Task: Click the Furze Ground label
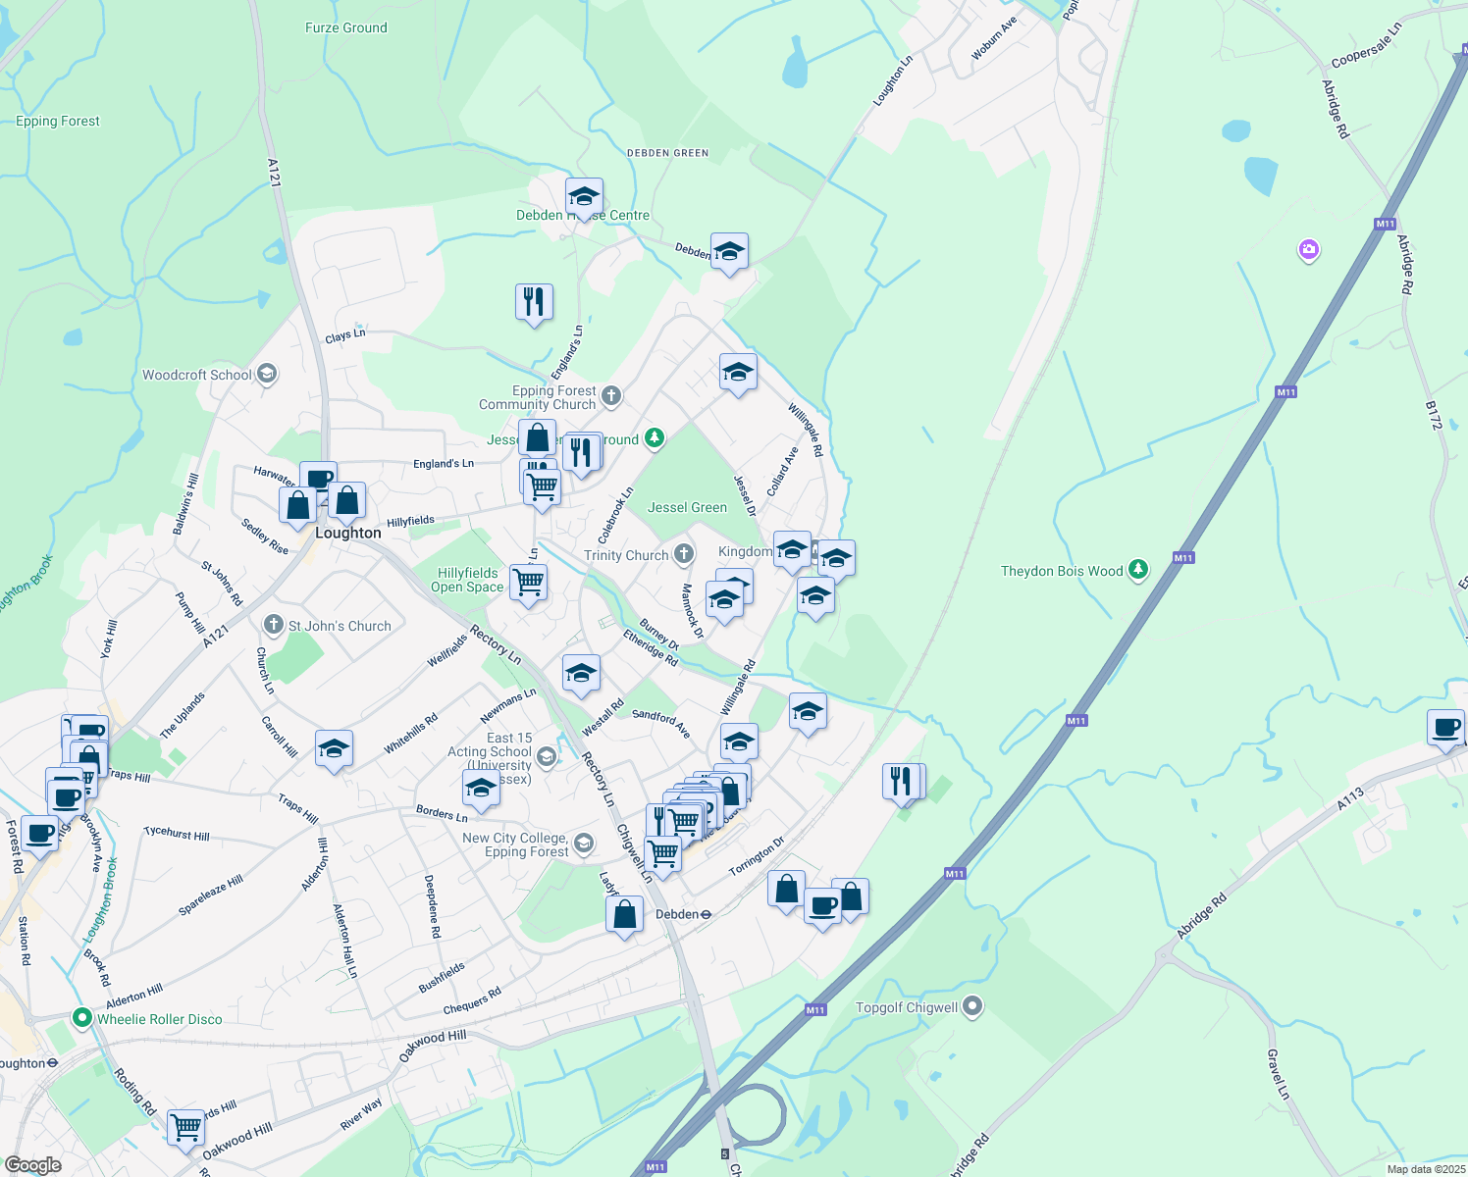tap(345, 27)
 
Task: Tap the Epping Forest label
tap(58, 121)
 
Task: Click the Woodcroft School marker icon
tap(267, 374)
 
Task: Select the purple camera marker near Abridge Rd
tap(1308, 250)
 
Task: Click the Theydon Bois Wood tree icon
tap(1137, 570)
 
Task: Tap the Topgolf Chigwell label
tap(906, 1007)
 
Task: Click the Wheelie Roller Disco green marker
tap(82, 1018)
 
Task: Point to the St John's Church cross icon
tap(274, 625)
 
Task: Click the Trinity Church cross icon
tap(683, 555)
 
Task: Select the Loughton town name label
tap(347, 533)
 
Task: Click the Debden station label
tap(676, 914)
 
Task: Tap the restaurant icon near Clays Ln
tap(534, 302)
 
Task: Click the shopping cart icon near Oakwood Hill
tap(185, 1126)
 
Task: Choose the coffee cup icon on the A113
tap(1444, 728)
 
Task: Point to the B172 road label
tap(1434, 415)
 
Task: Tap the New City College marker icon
tap(584, 844)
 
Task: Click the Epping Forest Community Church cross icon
tap(610, 396)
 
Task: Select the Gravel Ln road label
tap(1277, 1074)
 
